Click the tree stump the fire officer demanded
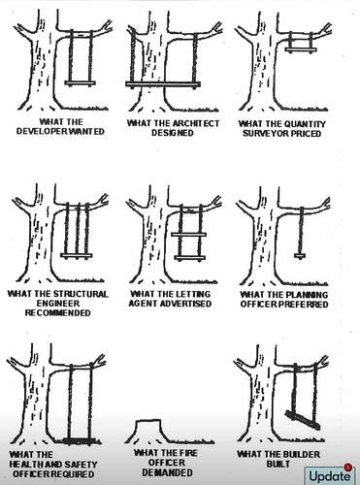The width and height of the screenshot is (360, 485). coord(147,430)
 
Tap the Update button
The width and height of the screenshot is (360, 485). coord(329,475)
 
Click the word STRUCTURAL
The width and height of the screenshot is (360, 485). coord(81,294)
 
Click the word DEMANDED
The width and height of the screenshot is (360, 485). coord(167,472)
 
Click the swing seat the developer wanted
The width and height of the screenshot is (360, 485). coord(81,83)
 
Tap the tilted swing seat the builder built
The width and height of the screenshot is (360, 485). coord(303,420)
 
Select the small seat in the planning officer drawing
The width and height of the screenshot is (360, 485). coord(300,256)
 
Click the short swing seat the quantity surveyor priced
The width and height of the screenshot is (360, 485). coord(301,49)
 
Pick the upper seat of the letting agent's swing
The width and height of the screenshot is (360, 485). coord(189,235)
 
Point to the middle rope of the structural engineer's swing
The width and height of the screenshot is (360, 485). coord(78,229)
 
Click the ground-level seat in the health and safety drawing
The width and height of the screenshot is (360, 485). coord(78,440)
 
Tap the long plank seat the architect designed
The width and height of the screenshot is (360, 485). coord(163,84)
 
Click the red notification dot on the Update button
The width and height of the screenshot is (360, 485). coord(348,467)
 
